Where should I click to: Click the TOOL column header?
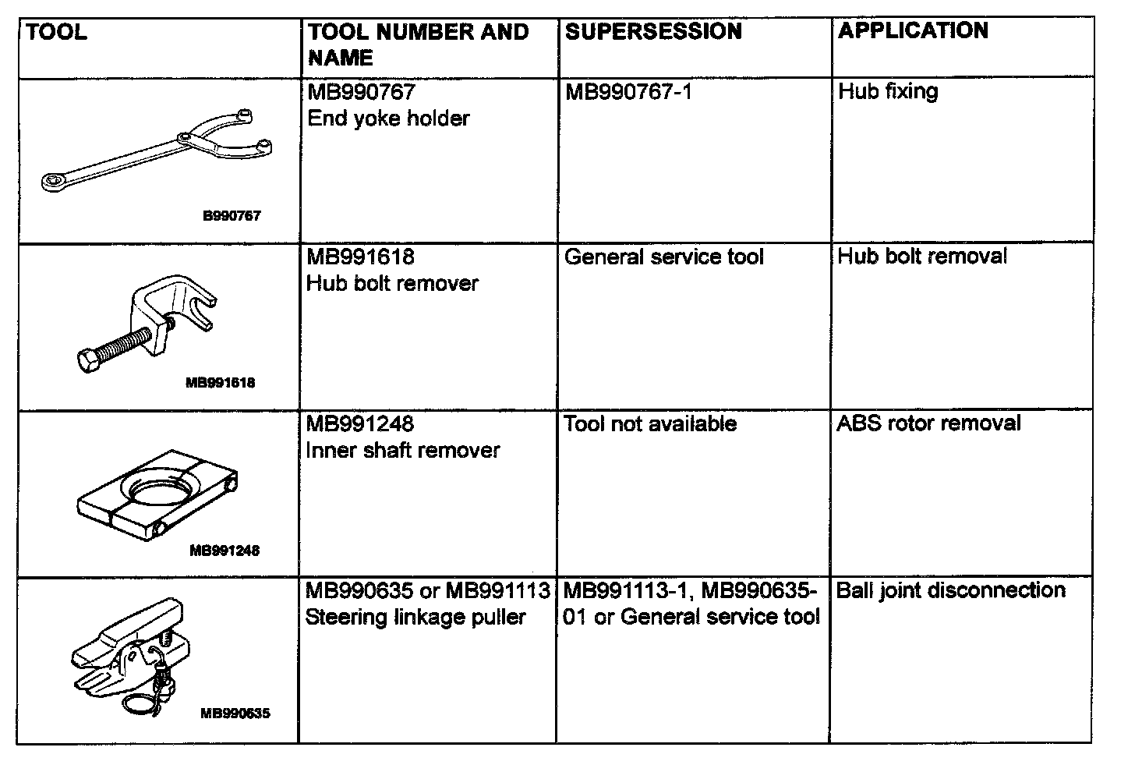(x=57, y=33)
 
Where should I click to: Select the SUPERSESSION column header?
(x=653, y=32)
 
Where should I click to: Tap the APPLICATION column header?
(x=913, y=31)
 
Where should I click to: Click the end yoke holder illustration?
(x=156, y=151)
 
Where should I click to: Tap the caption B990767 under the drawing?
(x=232, y=216)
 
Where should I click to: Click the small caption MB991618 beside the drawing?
(x=221, y=383)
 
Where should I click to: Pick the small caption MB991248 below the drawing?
(x=225, y=551)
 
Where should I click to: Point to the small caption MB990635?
(x=235, y=713)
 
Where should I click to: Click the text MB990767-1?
(x=628, y=93)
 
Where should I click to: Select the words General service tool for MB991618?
(x=663, y=257)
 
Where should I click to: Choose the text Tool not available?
(x=650, y=424)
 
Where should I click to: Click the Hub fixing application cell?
(x=888, y=92)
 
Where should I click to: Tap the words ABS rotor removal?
(x=928, y=423)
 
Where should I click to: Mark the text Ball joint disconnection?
(x=950, y=590)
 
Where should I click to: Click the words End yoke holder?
(x=388, y=119)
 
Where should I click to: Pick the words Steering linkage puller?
(x=415, y=618)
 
